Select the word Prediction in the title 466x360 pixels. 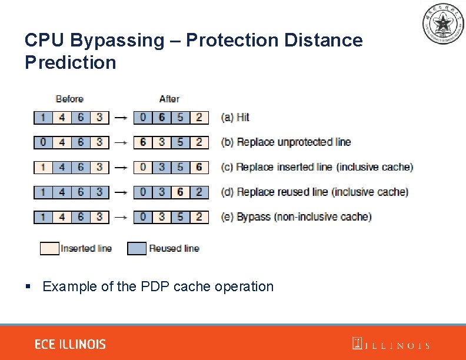pos(71,62)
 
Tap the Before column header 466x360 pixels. pos(69,99)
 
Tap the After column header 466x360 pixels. pos(169,99)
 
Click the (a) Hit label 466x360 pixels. pos(235,117)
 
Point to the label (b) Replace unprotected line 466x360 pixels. pos(286,142)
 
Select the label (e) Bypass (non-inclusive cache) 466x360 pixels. pos(297,217)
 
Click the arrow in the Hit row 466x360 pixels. pos(121,117)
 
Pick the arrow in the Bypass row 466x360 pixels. pos(121,217)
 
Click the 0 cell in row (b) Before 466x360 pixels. pos(42,142)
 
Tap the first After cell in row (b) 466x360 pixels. pos(143,142)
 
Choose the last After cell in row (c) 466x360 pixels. pos(199,167)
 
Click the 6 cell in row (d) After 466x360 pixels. pos(180,192)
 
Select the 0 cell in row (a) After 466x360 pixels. pos(143,117)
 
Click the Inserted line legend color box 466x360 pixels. pos(49,248)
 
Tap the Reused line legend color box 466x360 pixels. pos(137,248)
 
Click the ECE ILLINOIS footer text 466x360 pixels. pos(70,344)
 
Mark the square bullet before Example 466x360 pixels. pos(28,286)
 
